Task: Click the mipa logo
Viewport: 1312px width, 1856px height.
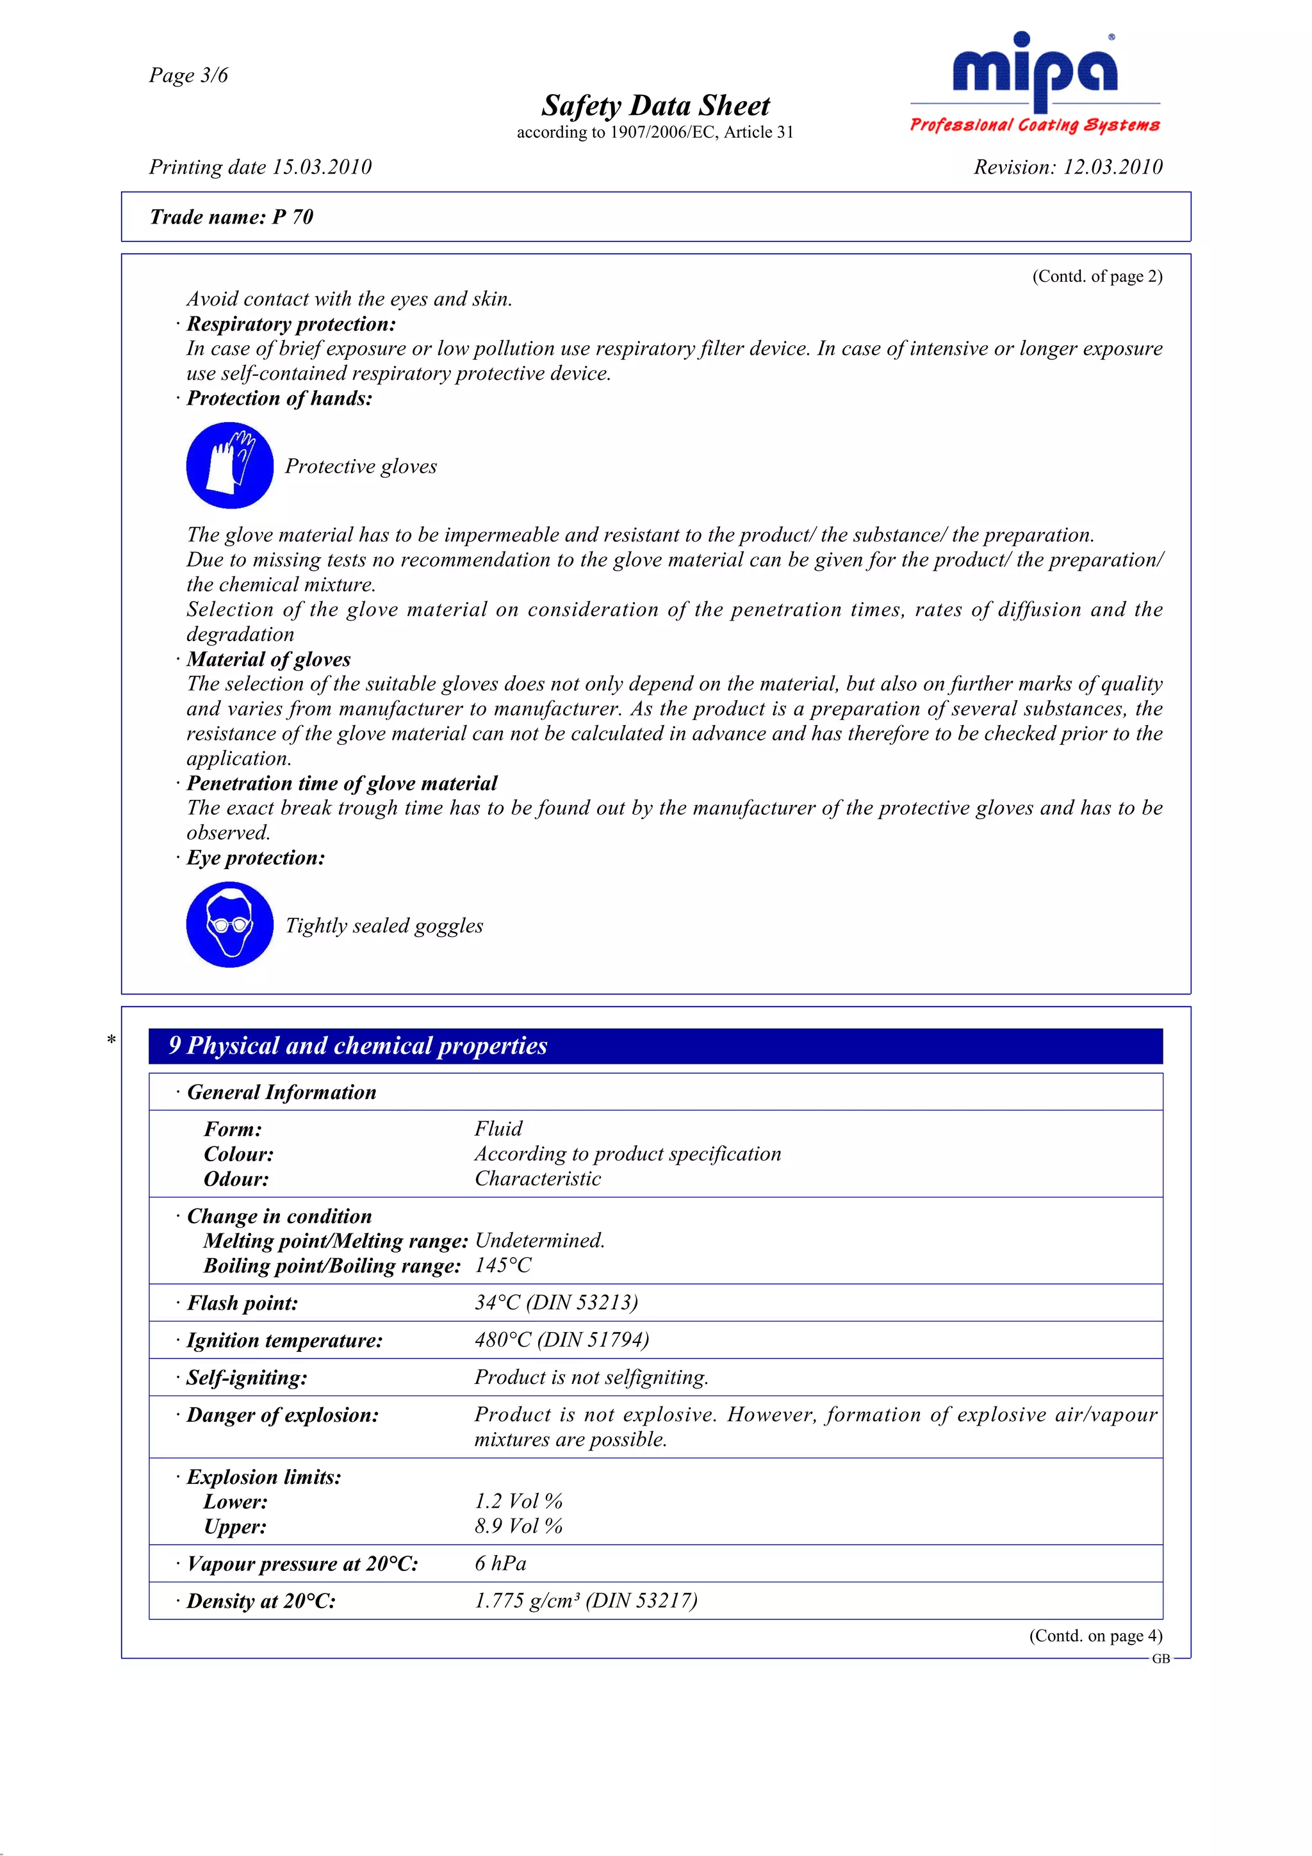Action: tap(1035, 81)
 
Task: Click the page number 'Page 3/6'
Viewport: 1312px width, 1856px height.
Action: tap(188, 75)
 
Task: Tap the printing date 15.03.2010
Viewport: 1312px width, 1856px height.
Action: tap(259, 167)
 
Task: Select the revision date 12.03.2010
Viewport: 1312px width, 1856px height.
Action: tap(1067, 167)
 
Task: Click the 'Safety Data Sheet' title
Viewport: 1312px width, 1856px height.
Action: tap(655, 106)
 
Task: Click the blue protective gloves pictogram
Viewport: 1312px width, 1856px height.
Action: tap(229, 466)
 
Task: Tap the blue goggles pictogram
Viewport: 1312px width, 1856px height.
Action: tap(229, 925)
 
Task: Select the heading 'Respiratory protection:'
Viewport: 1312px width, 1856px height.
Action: tap(291, 324)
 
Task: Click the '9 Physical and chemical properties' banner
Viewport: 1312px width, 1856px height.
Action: tap(655, 1046)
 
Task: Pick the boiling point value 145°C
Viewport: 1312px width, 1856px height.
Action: tap(503, 1265)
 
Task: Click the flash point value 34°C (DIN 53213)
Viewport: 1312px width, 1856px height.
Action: tap(556, 1302)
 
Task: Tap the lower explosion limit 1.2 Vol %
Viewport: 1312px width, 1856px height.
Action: tap(518, 1501)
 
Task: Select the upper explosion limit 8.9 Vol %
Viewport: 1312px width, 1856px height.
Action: tap(518, 1526)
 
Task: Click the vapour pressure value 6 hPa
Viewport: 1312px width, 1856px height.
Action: tap(500, 1563)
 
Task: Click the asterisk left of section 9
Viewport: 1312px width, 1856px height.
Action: tap(111, 1039)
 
